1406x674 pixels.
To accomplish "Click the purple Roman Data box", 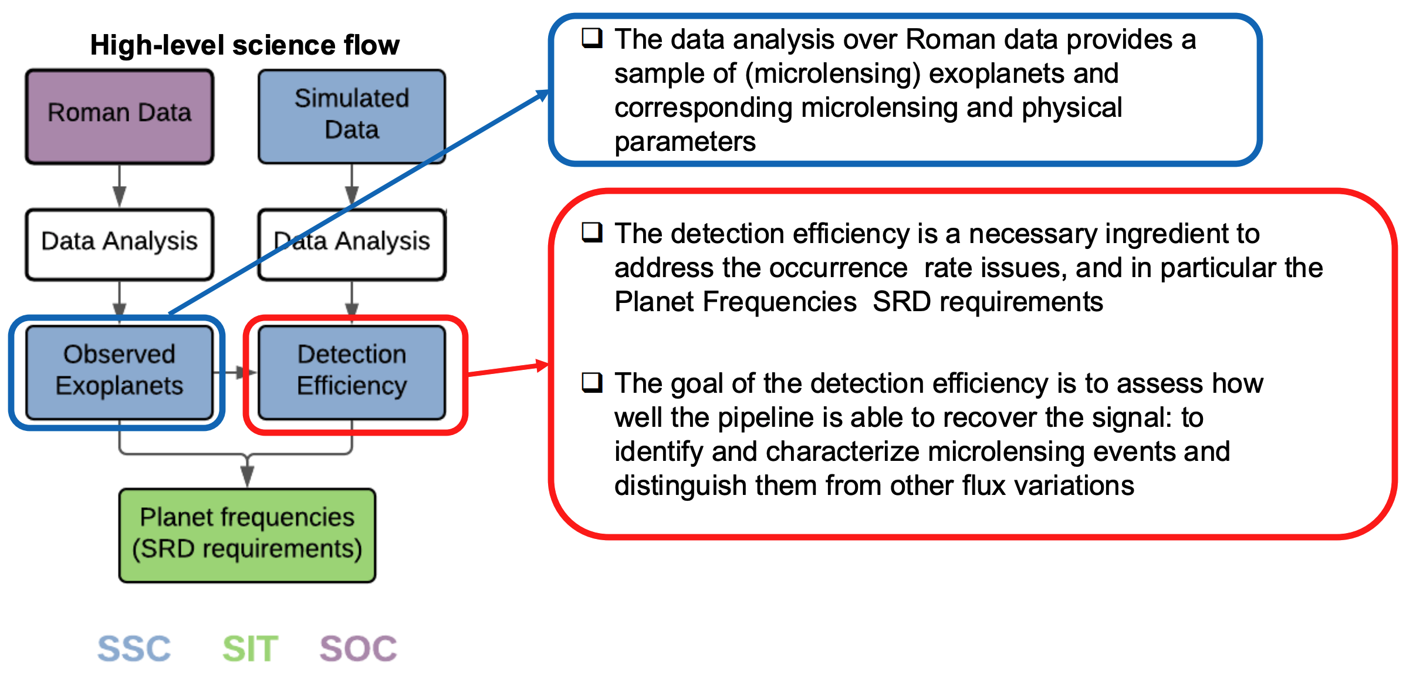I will [119, 116].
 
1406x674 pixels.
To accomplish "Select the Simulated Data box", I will [351, 116].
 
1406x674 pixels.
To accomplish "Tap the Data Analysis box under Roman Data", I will [119, 244].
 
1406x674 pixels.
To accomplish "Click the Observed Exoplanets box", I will [119, 372].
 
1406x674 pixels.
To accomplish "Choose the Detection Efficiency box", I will [351, 372].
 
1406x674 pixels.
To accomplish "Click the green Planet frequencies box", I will [247, 535].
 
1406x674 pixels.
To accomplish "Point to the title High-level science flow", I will [245, 45].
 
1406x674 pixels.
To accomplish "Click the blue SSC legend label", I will [134, 649].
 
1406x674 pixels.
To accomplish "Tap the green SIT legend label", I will [250, 649].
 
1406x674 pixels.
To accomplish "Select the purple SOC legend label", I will [358, 649].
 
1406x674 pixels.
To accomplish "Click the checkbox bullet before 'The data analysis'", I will [592, 38].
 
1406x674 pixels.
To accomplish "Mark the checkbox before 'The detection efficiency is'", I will [592, 232].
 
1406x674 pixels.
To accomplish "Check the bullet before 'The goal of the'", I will [592, 382].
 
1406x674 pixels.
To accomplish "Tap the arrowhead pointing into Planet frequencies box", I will [247, 476].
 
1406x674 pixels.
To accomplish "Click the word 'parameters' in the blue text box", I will [685, 142].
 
